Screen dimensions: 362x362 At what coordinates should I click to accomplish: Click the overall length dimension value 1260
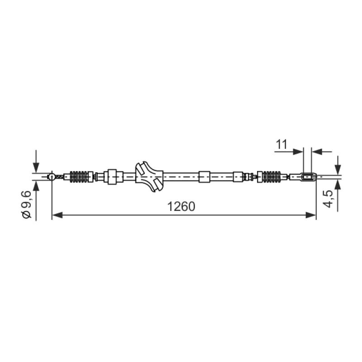181,206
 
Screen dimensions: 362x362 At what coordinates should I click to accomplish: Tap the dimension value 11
281,144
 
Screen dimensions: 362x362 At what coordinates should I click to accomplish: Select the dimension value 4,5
328,199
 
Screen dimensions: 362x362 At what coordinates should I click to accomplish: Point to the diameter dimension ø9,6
26,204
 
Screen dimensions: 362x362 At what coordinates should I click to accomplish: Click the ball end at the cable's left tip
51,177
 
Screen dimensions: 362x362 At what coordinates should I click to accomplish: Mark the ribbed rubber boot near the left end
78,177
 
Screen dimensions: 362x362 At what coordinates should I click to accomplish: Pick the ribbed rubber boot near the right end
271,177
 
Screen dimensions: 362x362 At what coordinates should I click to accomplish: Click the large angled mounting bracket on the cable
149,176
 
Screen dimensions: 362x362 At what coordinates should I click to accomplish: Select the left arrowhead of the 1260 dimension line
57,215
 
